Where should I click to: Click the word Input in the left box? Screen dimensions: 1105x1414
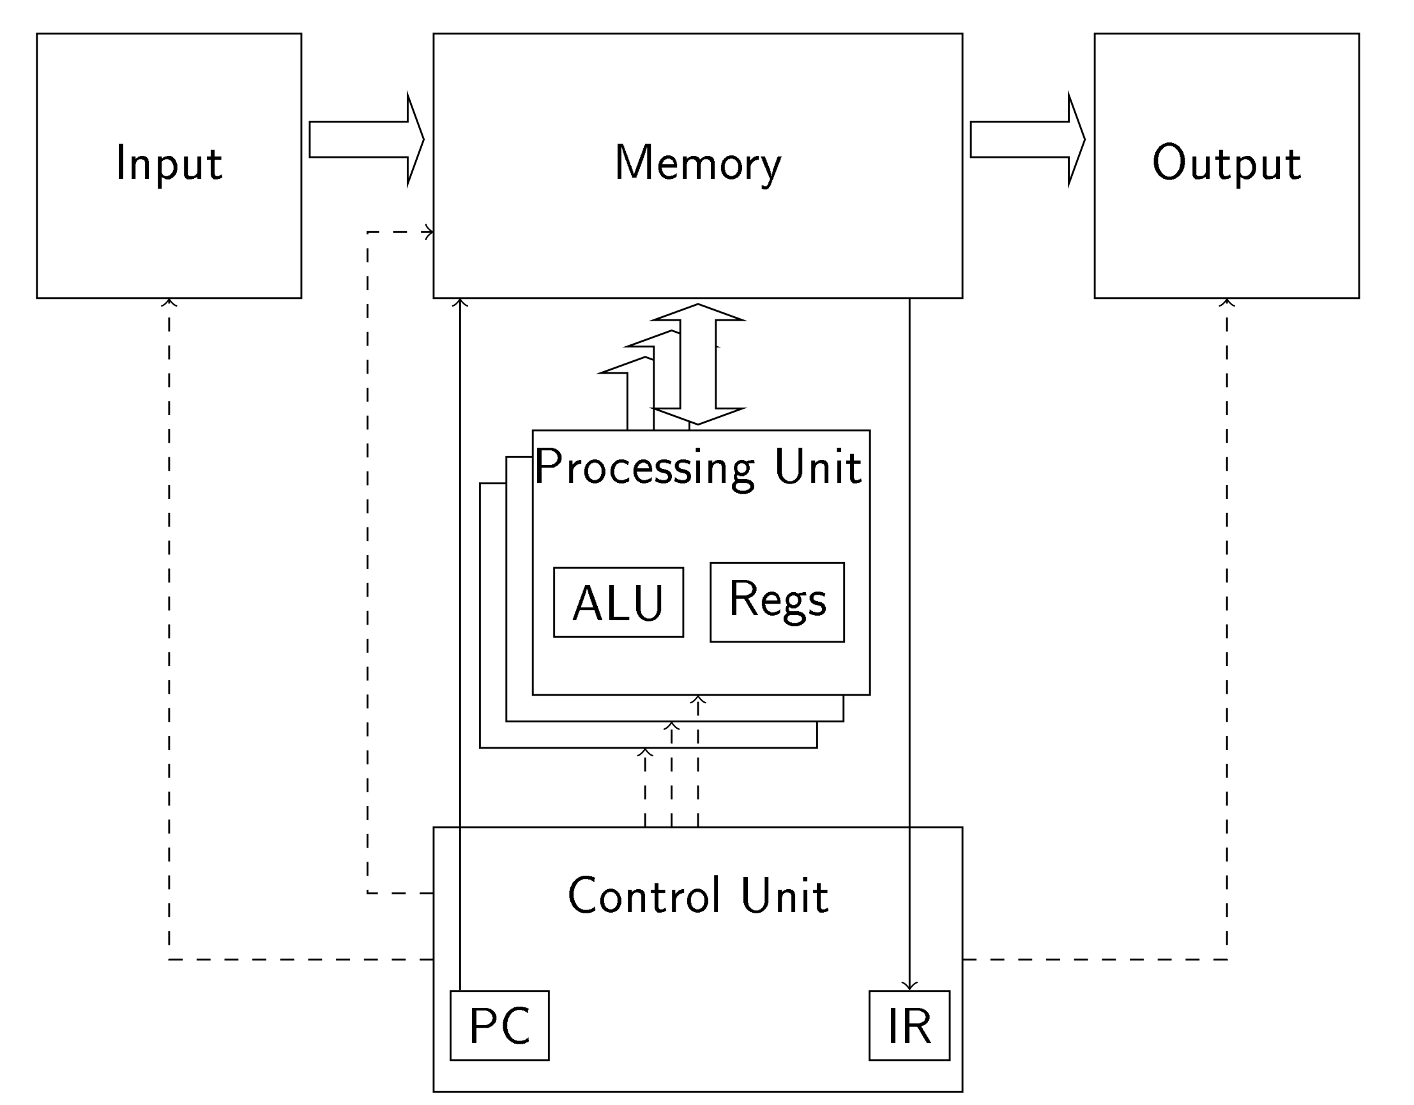coord(169,163)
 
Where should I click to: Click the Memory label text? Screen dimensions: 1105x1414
coord(698,163)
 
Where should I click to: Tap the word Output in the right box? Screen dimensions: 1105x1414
coord(1226,163)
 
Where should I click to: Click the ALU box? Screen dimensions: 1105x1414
coord(618,603)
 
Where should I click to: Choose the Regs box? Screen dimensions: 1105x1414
coord(777,602)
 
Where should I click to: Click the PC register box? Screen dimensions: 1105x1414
coord(499,1025)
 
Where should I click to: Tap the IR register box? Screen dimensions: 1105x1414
coord(909,1025)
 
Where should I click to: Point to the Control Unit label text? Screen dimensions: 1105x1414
coord(698,896)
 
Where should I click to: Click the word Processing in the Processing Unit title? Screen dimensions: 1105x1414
coord(644,468)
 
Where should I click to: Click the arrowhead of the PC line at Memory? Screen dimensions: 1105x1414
coord(460,301)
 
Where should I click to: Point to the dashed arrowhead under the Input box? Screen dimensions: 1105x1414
coord(169,301)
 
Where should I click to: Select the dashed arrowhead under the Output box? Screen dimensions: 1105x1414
coord(1227,301)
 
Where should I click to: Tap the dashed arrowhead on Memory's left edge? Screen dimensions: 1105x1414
coord(429,232)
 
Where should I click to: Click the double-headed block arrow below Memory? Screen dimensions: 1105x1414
coord(698,364)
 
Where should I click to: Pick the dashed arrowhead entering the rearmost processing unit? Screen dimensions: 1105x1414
coord(645,752)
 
